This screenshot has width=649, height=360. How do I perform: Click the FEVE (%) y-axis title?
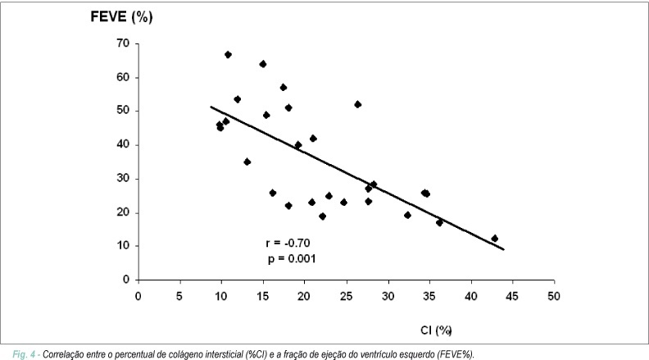(x=121, y=16)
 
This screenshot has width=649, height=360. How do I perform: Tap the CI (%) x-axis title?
(x=436, y=330)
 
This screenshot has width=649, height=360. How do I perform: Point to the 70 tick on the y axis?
(x=123, y=43)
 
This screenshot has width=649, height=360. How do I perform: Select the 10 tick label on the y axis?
(x=123, y=245)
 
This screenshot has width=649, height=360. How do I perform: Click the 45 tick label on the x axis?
(x=512, y=296)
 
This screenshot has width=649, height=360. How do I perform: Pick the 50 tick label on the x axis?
(x=554, y=296)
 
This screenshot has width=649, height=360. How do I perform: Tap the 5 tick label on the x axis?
(x=179, y=296)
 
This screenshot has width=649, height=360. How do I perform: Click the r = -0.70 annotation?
(x=288, y=243)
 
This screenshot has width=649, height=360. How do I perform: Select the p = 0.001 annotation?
(x=292, y=259)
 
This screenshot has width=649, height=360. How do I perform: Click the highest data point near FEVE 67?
(x=228, y=55)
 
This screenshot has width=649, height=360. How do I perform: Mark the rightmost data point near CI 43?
(x=494, y=239)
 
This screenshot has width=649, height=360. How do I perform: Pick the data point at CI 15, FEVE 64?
(x=263, y=64)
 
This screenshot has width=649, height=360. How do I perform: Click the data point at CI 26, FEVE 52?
(x=357, y=104)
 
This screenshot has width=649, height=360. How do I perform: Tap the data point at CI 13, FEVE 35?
(x=247, y=162)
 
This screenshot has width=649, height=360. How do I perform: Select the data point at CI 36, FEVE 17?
(x=439, y=222)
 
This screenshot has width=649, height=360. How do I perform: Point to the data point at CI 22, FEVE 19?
(x=322, y=216)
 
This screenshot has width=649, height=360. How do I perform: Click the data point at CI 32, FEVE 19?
(x=407, y=215)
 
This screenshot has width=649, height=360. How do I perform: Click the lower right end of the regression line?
(x=504, y=249)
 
